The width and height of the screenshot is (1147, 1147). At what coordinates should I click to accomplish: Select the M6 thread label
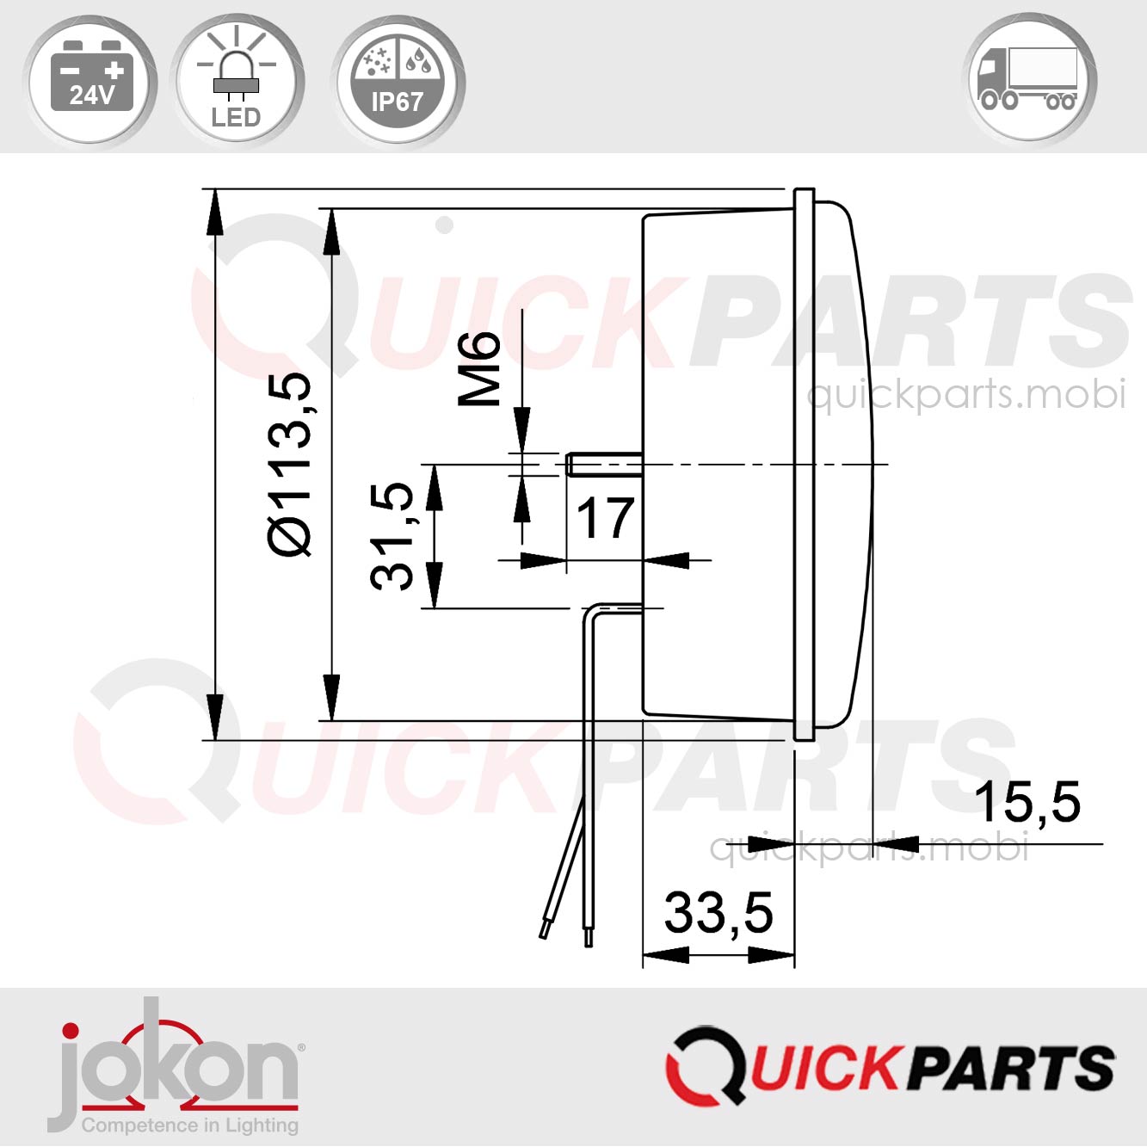click(x=480, y=368)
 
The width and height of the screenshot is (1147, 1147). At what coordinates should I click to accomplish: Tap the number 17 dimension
click(x=606, y=519)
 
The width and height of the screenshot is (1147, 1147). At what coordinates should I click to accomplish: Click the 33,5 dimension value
click(x=718, y=913)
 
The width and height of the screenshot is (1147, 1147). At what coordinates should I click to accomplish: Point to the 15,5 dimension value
click(x=1027, y=802)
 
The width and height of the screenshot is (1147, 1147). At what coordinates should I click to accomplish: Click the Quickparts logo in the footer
click(x=890, y=1067)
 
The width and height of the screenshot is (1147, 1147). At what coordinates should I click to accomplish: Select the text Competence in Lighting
click(x=189, y=1125)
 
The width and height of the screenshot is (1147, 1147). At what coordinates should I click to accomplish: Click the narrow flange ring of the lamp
click(x=804, y=465)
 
